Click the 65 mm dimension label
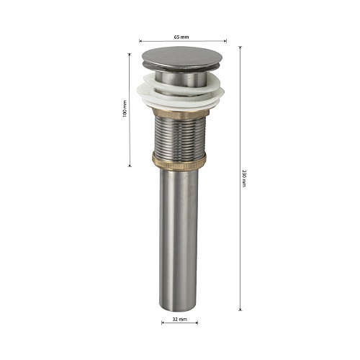[181, 37]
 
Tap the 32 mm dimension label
[179, 319]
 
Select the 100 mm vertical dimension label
[125, 109]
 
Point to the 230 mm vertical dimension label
[244, 179]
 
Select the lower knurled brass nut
[179, 161]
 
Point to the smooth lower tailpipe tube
[179, 240]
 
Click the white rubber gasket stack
[181, 92]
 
